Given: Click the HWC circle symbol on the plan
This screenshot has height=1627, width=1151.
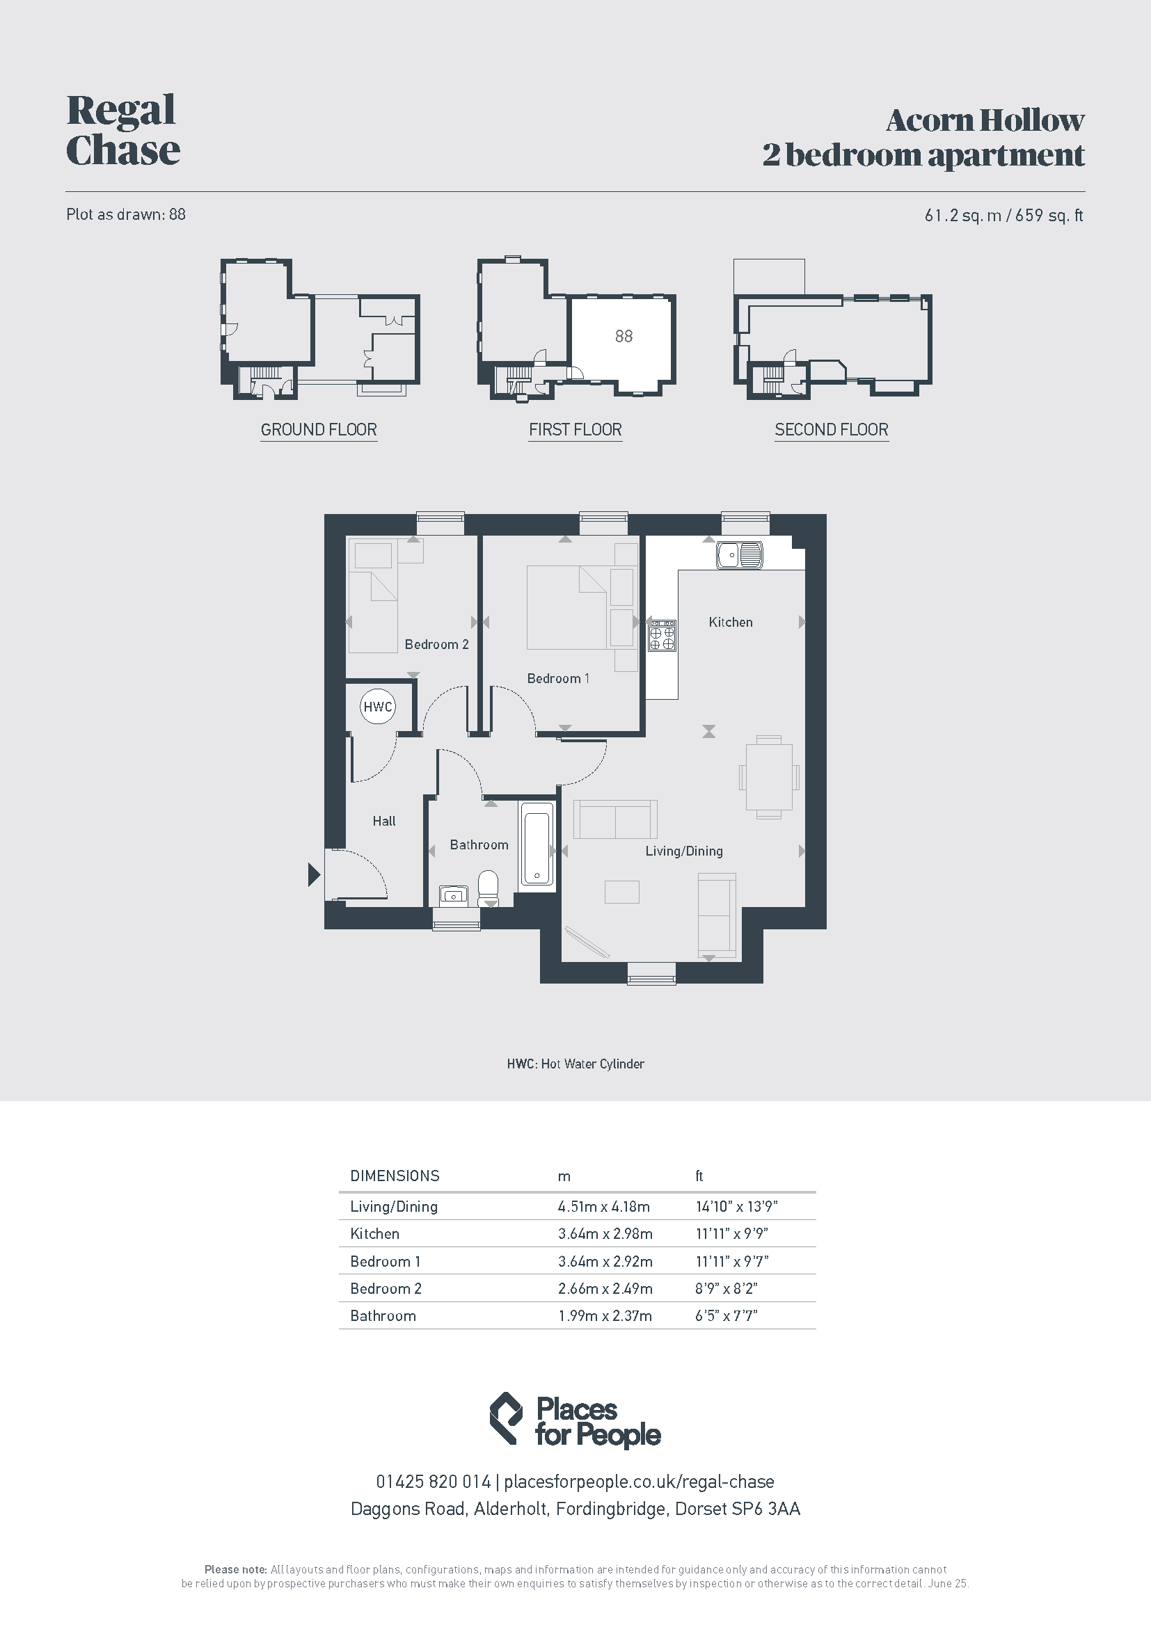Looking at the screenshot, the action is (x=377, y=707).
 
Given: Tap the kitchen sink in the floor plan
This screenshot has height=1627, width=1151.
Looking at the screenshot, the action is (x=739, y=555).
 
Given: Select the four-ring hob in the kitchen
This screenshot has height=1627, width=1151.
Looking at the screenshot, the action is (x=662, y=636).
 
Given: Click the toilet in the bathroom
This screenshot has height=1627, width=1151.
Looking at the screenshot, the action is (x=489, y=888).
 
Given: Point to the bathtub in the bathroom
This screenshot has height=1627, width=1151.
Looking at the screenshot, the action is (x=537, y=847).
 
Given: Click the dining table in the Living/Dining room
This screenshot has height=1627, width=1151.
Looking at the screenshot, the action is (x=769, y=778).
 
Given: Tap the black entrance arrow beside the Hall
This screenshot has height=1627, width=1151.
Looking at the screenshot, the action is (x=314, y=874).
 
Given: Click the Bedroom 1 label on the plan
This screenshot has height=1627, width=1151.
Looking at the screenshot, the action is (x=558, y=678).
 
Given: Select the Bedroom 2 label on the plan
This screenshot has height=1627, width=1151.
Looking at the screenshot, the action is (x=436, y=644).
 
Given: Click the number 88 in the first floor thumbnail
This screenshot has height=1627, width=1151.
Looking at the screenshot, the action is (x=624, y=336).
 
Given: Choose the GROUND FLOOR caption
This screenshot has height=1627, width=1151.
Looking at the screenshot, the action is (x=319, y=429).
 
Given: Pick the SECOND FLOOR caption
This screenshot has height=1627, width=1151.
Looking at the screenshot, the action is (x=832, y=429).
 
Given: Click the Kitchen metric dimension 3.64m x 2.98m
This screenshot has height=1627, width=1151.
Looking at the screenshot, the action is (x=605, y=1234).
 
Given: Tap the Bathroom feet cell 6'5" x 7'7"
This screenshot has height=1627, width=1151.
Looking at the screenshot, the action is (x=727, y=1316).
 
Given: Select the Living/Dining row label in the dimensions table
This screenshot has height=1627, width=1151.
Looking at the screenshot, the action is (x=394, y=1207).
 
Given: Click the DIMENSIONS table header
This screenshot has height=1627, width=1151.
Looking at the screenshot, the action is (x=395, y=1176).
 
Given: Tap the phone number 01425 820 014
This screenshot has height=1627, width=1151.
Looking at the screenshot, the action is (x=433, y=1482).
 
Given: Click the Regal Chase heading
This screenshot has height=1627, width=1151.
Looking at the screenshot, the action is (x=122, y=130).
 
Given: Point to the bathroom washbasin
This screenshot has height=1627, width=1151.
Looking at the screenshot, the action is (x=454, y=896).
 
